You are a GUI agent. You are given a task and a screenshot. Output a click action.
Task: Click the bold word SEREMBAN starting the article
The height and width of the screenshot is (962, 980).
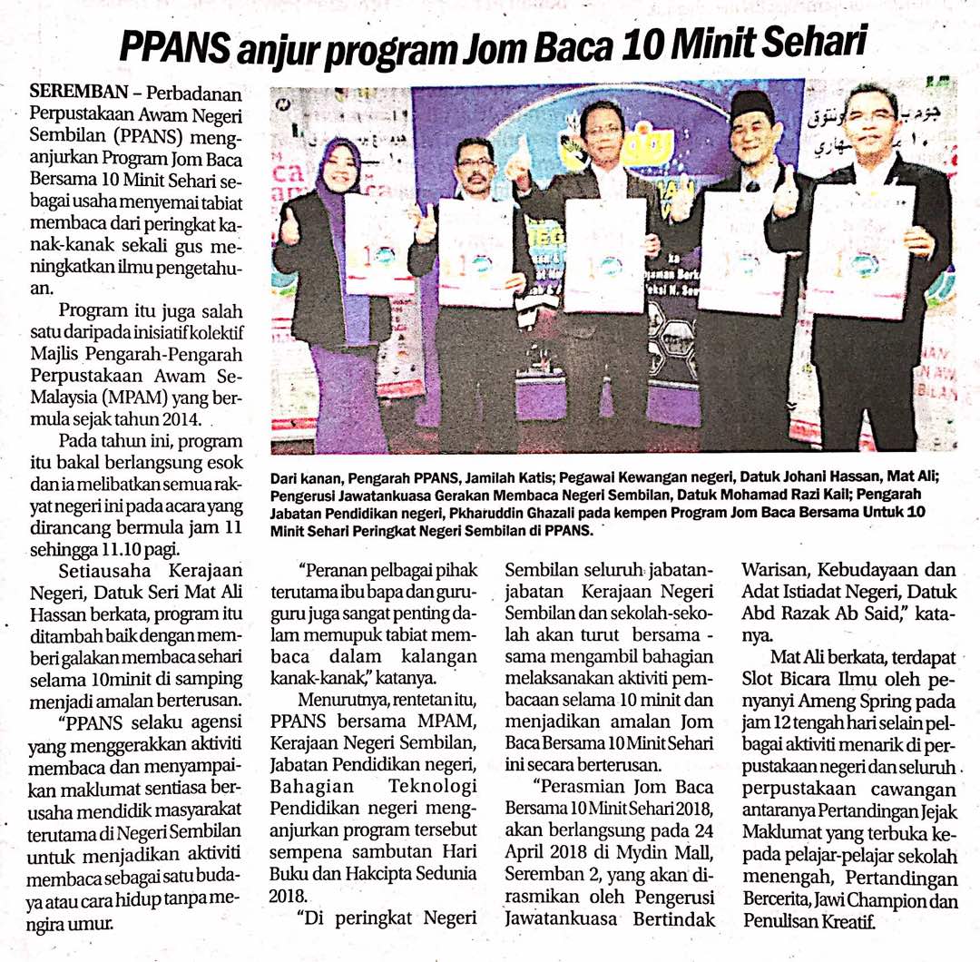point(74,93)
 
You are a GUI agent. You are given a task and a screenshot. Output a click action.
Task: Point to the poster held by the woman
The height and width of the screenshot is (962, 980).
point(378,245)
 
